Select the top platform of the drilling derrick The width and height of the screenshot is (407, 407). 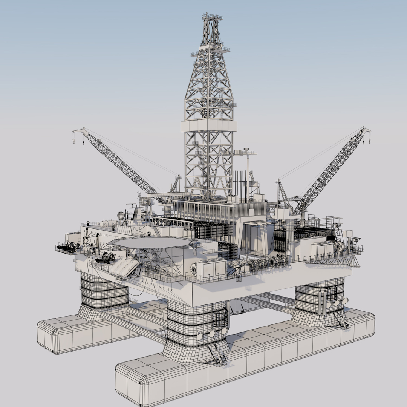tap(212, 17)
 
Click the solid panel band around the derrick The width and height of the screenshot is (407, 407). tap(208, 126)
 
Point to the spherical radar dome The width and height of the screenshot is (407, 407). tap(121, 216)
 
